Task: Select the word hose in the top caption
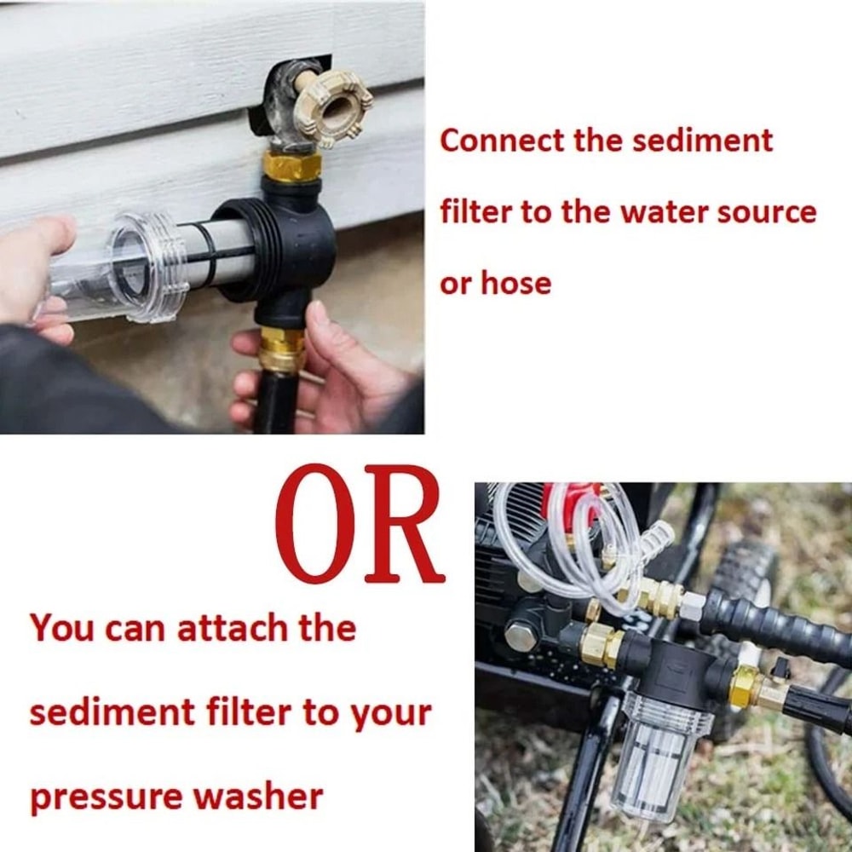click(516, 283)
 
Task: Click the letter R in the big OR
click(405, 525)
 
